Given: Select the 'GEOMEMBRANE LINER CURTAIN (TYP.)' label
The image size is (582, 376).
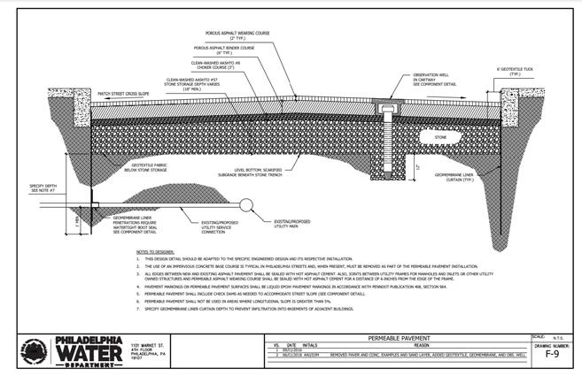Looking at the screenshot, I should [x=456, y=177].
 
